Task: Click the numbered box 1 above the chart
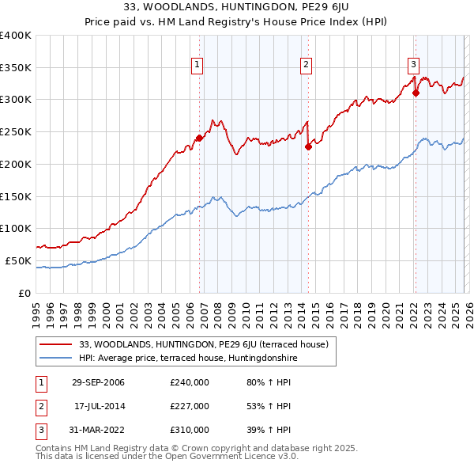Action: coord(196,66)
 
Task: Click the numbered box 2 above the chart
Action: coord(306,66)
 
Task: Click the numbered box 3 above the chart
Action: coord(413,66)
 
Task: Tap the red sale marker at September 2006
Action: coord(199,138)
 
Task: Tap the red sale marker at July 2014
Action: coord(308,146)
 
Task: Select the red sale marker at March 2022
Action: coord(416,93)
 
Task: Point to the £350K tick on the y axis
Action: coord(16,67)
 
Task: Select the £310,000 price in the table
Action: coord(190,429)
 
